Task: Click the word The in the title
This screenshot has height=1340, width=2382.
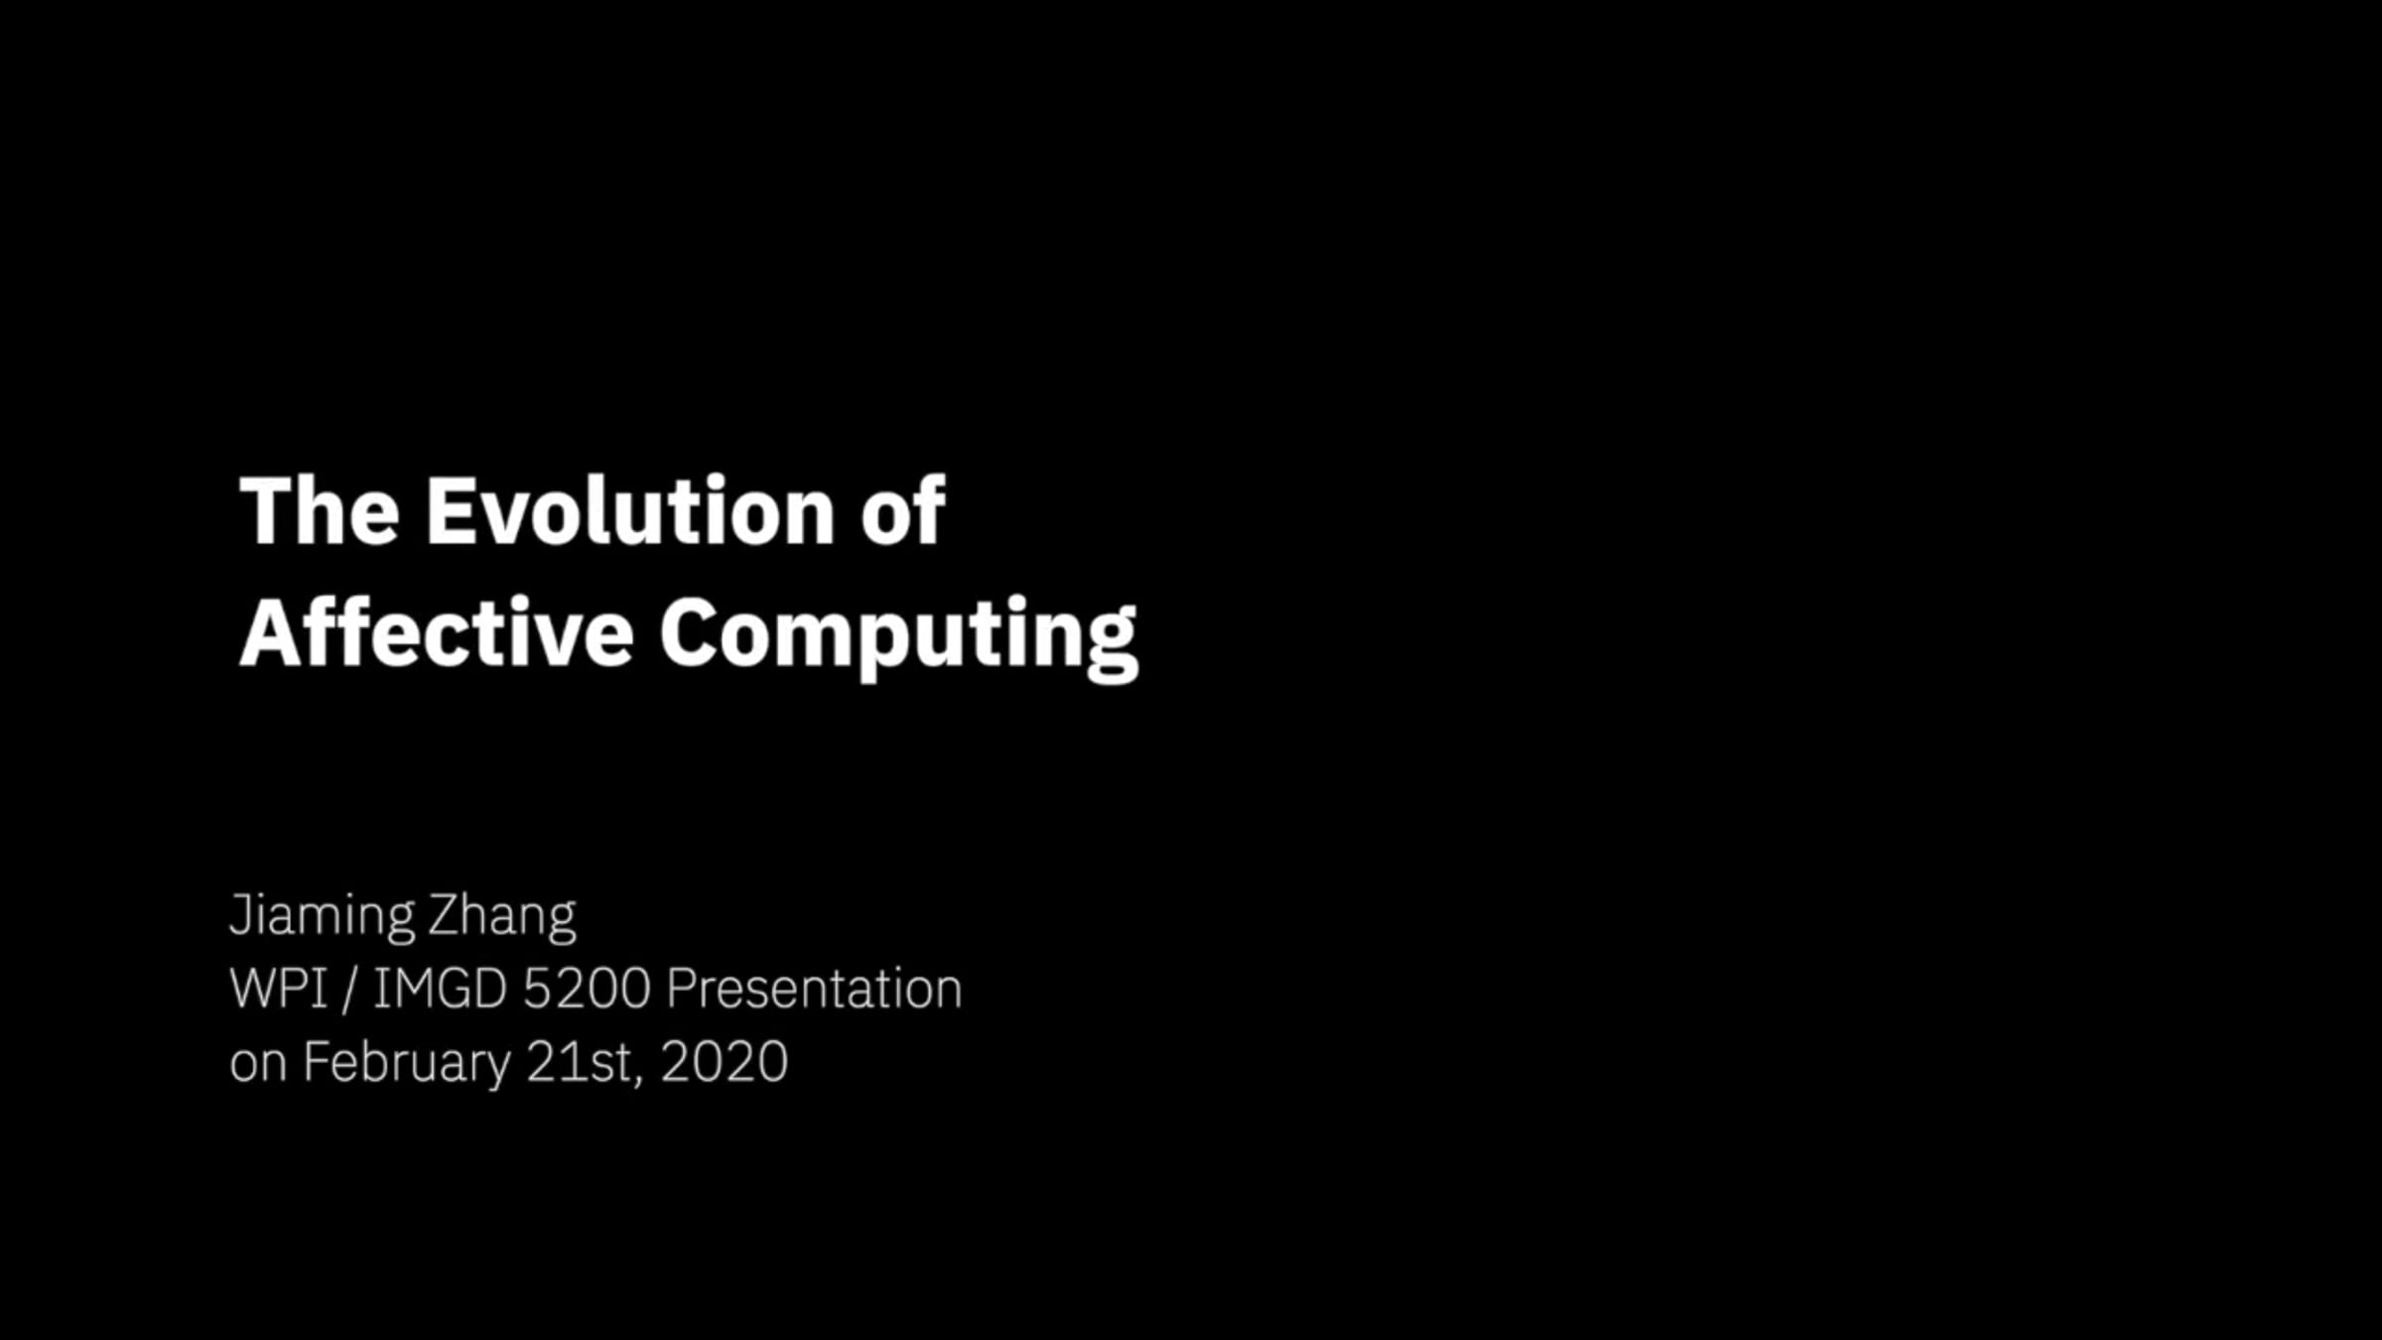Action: point(320,511)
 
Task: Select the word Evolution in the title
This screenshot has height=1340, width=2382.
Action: point(631,511)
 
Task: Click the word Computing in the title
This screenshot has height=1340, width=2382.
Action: point(899,639)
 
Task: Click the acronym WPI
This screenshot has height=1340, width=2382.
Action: point(279,989)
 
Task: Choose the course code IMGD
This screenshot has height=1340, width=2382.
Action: point(441,989)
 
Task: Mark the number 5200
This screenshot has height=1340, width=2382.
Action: point(587,989)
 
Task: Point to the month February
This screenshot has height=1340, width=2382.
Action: point(407,1063)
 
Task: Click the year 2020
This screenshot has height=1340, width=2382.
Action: point(725,1062)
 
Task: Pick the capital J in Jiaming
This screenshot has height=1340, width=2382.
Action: point(239,914)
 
